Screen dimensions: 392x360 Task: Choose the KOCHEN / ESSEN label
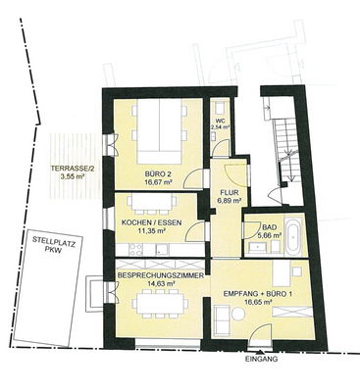150,224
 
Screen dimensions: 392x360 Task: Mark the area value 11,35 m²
149,234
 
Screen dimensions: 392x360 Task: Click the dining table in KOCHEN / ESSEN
150,208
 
